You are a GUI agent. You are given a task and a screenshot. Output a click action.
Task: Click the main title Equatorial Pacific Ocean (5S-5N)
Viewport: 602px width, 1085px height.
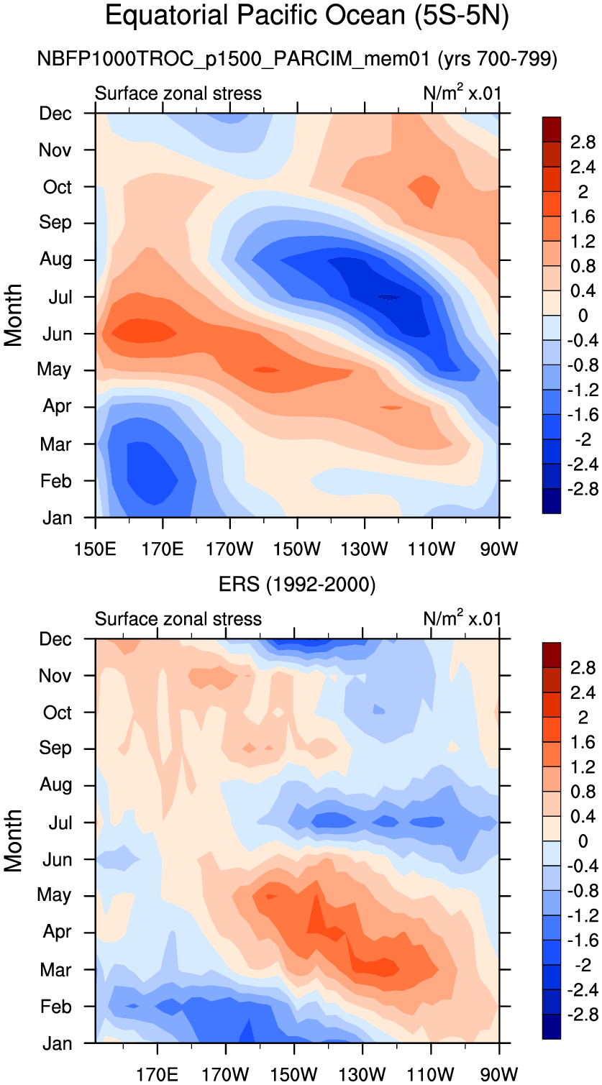point(307,16)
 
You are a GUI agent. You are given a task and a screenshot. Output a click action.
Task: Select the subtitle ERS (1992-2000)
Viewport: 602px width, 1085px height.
point(297,585)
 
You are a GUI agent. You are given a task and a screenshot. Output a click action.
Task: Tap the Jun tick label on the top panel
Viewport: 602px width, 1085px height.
point(56,334)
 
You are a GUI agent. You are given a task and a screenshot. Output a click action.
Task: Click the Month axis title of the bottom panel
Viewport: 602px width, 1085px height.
point(14,841)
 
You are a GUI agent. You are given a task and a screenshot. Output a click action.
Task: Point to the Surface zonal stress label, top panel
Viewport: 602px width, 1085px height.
point(178,93)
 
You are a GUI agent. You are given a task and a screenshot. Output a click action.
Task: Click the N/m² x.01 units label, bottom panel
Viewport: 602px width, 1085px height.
point(462,618)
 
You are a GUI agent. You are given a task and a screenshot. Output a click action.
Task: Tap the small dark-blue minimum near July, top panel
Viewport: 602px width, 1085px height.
point(389,297)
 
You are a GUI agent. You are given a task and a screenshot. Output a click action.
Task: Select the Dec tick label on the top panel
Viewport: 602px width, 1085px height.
point(56,113)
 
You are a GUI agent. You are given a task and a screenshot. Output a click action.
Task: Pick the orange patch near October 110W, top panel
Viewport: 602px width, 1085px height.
point(425,190)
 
